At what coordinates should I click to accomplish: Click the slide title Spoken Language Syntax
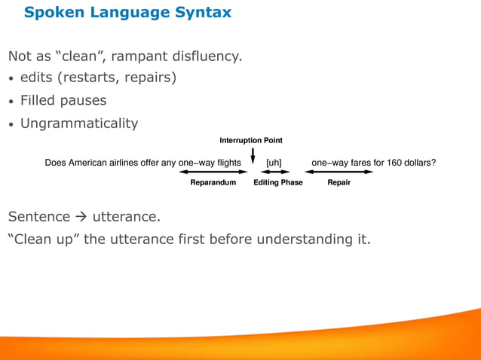[x=127, y=13]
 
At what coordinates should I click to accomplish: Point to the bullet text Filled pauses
[x=63, y=100]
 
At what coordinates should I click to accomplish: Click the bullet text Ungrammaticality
[x=79, y=123]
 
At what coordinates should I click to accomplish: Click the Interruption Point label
[x=251, y=141]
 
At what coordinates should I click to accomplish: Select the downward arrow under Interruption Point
[x=252, y=154]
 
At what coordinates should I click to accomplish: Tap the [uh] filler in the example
[x=274, y=162]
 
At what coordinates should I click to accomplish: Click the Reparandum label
[x=213, y=182]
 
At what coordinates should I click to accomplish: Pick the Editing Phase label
[x=277, y=182]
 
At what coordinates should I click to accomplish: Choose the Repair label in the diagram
[x=339, y=182]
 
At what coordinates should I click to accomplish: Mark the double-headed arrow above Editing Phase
[x=274, y=172]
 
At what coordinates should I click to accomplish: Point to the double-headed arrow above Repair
[x=339, y=172]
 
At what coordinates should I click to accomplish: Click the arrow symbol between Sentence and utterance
[x=82, y=218]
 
